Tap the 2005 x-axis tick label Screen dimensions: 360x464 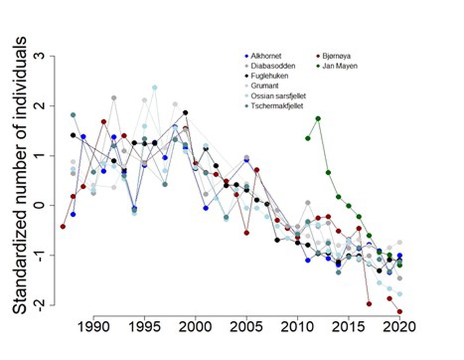246,327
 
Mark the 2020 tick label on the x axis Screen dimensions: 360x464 399,327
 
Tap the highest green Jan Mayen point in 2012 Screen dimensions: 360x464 318,119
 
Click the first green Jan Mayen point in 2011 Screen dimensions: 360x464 308,138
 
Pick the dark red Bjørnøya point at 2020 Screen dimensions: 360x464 400,312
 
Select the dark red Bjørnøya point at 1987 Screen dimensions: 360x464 63,226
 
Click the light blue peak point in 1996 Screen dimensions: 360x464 155,87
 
